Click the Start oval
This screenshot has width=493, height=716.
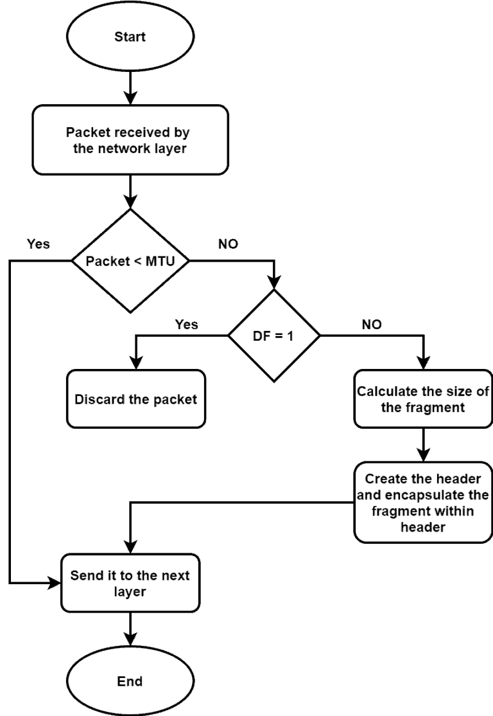130,37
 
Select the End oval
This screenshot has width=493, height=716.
130,681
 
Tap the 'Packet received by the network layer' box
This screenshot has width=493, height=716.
130,140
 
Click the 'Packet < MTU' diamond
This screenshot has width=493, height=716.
130,261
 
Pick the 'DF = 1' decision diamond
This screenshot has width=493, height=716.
273,336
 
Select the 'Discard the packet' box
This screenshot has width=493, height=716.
135,399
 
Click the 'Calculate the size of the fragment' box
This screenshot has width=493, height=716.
423,399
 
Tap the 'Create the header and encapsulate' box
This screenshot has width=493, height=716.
423,503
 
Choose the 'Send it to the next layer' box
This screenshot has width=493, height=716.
130,583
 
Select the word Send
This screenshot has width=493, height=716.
86,575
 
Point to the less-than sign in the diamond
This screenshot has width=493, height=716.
139,262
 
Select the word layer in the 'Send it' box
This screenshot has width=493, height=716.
130,591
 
